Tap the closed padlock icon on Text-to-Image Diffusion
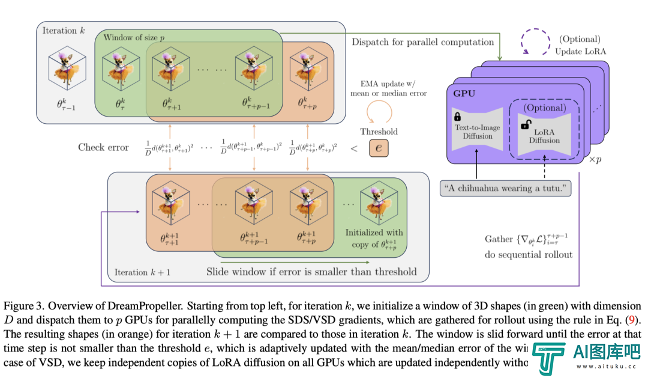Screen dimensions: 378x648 point(457,116)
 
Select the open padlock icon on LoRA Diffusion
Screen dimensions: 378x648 point(524,124)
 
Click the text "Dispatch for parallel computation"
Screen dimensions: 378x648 point(422,42)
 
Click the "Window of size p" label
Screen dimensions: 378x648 point(134,37)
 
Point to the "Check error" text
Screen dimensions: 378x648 point(103,147)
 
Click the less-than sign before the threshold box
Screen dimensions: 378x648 point(353,148)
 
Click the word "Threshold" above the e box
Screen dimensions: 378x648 point(379,132)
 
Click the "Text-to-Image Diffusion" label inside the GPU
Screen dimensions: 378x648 point(478,132)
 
